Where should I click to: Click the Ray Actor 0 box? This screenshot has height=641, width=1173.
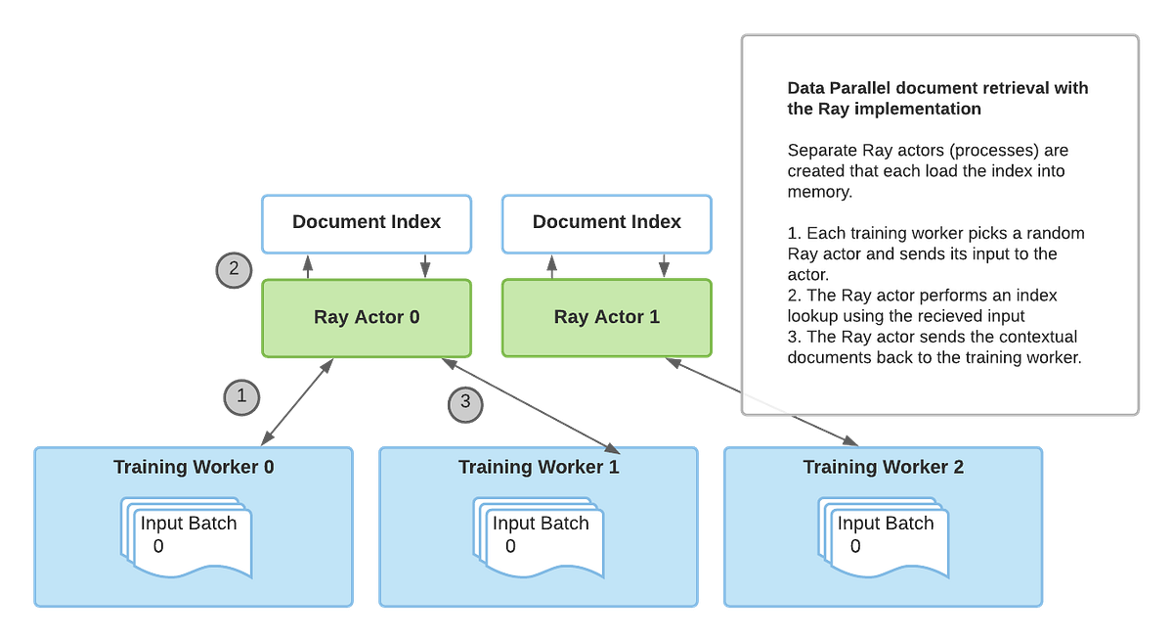[x=367, y=317]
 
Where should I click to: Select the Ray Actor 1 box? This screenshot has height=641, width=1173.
[x=606, y=317]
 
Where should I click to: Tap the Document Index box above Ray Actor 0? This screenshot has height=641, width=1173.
[x=367, y=222]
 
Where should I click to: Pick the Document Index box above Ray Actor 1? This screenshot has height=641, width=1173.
[x=606, y=222]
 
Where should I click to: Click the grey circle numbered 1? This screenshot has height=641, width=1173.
[x=241, y=396]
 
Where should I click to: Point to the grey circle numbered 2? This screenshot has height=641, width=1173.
[x=234, y=269]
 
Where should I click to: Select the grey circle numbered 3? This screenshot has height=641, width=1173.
[x=465, y=401]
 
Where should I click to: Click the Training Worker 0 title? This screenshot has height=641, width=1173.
[x=194, y=467]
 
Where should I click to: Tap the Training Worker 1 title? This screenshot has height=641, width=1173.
[x=539, y=467]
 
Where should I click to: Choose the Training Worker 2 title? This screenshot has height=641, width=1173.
[x=884, y=467]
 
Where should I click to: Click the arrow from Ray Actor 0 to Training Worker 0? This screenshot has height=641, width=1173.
[x=298, y=402]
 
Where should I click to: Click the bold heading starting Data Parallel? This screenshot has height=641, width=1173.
[x=936, y=98]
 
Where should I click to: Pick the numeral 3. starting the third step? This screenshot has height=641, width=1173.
[x=794, y=336]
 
